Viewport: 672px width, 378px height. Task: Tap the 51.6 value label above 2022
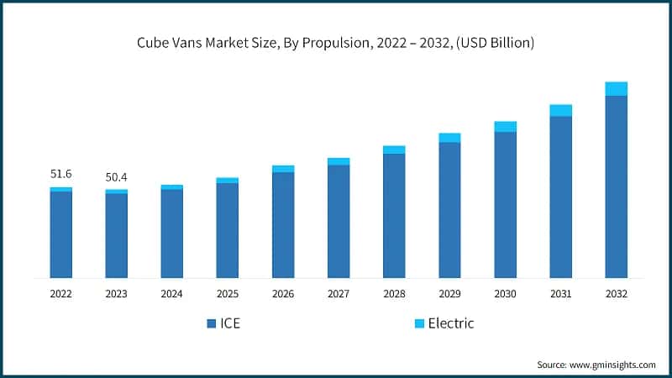pyautogui.click(x=60, y=174)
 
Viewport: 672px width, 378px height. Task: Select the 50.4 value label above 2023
pyautogui.click(x=116, y=177)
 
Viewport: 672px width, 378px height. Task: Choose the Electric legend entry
pyautogui.click(x=442, y=323)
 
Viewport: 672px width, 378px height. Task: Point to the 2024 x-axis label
pyautogui.click(x=171, y=294)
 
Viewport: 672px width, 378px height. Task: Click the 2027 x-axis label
pyautogui.click(x=339, y=294)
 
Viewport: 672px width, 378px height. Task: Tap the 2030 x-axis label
pyautogui.click(x=505, y=294)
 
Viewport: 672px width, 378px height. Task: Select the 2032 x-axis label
pyautogui.click(x=616, y=294)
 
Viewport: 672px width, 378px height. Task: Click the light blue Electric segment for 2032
pyautogui.click(x=616, y=89)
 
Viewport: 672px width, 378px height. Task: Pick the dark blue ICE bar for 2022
pyautogui.click(x=60, y=234)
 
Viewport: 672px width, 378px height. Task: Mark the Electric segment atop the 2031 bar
pyautogui.click(x=560, y=111)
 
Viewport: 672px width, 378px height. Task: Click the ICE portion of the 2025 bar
pyautogui.click(x=227, y=230)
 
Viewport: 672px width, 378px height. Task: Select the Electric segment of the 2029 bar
pyautogui.click(x=449, y=138)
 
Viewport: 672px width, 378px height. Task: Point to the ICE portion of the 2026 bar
pyautogui.click(x=283, y=224)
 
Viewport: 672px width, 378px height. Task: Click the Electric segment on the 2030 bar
pyautogui.click(x=505, y=127)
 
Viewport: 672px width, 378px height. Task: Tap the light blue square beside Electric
pyautogui.click(x=417, y=323)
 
